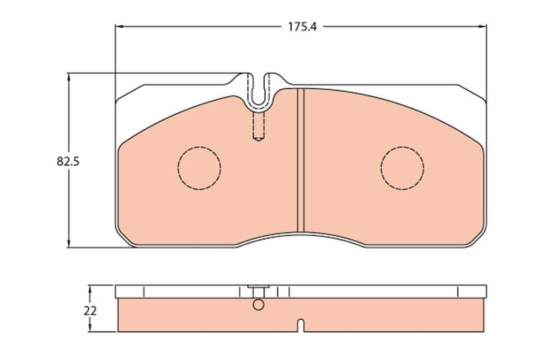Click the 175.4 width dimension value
tap(302, 27)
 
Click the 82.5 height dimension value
tap(68, 161)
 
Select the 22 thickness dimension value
tap(90, 311)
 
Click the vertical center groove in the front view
tap(300, 160)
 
